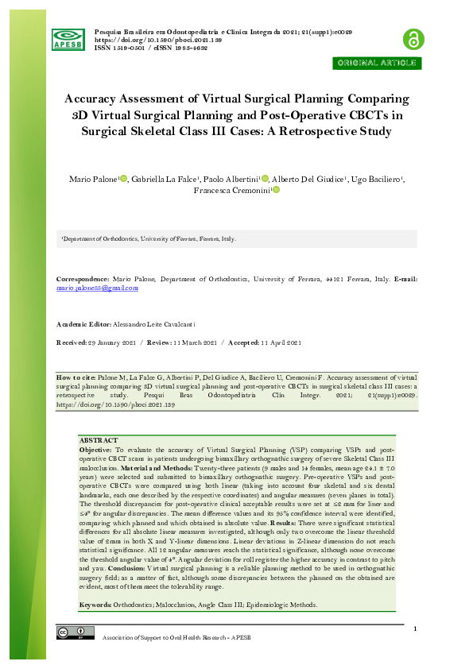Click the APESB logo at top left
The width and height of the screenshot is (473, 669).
pyautogui.click(x=68, y=38)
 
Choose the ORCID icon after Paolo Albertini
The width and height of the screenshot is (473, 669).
pyautogui.click(x=265, y=179)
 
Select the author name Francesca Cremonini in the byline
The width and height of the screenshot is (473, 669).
pyautogui.click(x=231, y=191)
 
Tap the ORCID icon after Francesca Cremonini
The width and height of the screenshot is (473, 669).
pyautogui.click(x=276, y=191)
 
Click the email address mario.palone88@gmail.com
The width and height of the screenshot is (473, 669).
pyautogui.click(x=97, y=288)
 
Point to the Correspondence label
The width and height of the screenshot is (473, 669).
pyautogui.click(x=83, y=280)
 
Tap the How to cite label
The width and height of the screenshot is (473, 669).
pyautogui.click(x=76, y=376)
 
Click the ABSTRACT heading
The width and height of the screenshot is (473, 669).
pyautogui.click(x=99, y=440)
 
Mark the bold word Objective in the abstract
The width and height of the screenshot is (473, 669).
pyautogui.click(x=95, y=449)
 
